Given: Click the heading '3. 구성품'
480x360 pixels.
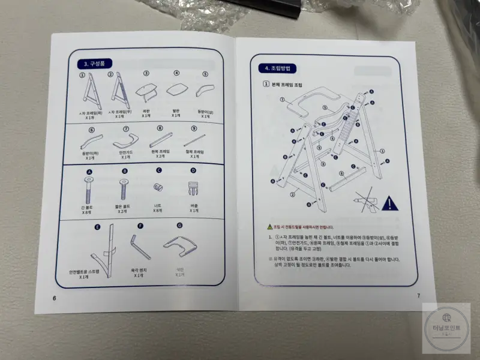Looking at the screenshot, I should click(95, 63).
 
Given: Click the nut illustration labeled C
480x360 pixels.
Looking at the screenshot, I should click(159, 187).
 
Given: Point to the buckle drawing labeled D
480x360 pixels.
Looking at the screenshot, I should click(193, 188).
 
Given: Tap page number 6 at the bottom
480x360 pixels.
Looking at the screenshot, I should click(54, 298).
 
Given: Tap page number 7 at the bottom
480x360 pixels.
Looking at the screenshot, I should click(419, 296).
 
